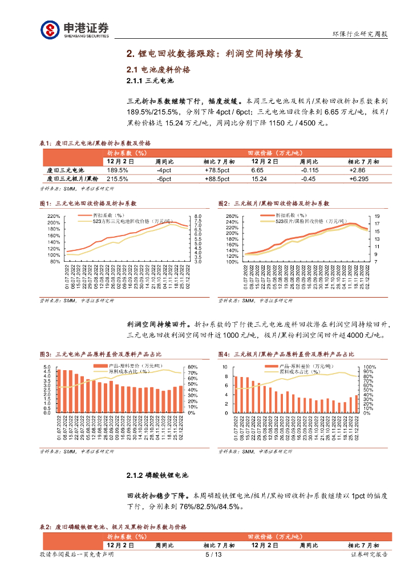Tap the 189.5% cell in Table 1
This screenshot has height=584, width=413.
click(118, 170)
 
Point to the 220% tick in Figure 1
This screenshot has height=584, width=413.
click(53, 216)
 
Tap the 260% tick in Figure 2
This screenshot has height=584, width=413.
click(232, 216)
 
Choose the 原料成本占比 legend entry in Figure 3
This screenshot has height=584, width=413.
click(125, 371)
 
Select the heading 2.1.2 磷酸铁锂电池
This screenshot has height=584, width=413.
click(157, 474)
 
